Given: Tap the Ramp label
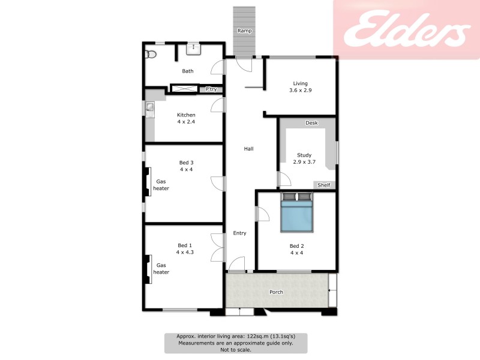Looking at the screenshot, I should point(244,31).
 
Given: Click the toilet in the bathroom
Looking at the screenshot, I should point(151,55).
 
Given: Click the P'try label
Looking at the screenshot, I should point(211,89).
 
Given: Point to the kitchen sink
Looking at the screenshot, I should point(149,108).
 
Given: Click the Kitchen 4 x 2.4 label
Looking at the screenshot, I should point(186,118).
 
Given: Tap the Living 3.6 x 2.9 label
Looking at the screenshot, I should point(300,86).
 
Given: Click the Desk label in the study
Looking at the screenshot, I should point(311,123).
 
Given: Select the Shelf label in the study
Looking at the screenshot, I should point(324,185).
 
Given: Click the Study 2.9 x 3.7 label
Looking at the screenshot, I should point(304,158).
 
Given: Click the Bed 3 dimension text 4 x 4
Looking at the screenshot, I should point(186,169).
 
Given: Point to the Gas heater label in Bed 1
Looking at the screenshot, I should point(161,268).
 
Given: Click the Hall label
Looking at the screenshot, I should point(248,148).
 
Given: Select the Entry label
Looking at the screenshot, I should point(239,233).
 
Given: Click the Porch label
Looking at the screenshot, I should point(276,292).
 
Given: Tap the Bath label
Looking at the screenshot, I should point(188,71).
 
